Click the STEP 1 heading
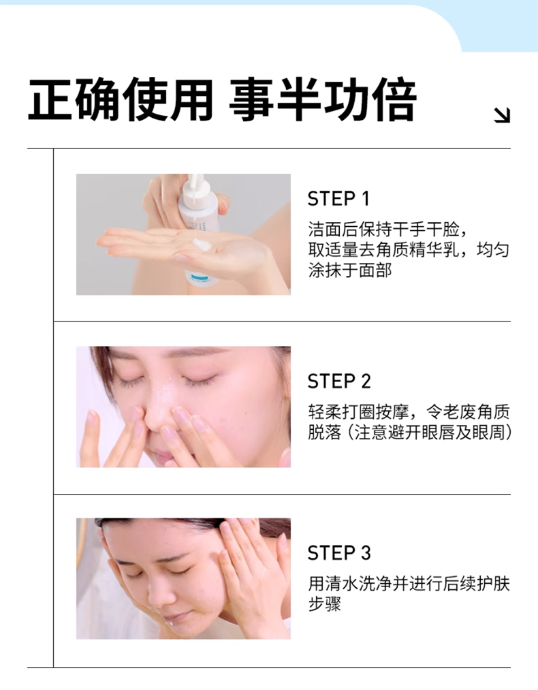tap(338, 199)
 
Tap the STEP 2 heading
tap(339, 381)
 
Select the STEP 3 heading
tap(339, 553)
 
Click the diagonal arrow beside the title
tap(501, 115)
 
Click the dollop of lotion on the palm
tap(202, 245)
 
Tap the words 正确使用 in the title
tap(121, 100)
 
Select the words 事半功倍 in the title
tap(322, 100)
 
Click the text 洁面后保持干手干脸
tap(383, 230)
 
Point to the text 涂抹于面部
tap(350, 270)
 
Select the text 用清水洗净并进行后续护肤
tap(409, 584)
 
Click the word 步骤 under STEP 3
tap(325, 603)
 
